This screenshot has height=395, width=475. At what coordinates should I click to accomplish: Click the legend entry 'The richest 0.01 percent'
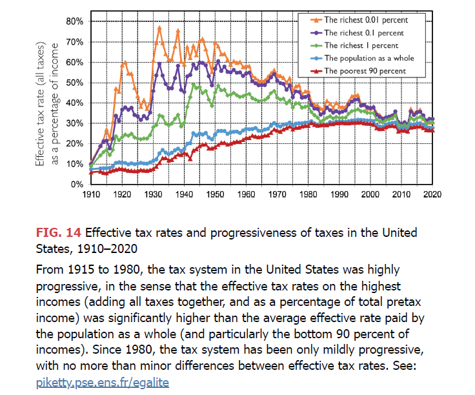pyautogui.click(x=365, y=19)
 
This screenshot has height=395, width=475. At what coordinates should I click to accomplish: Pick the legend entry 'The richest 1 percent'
pyautogui.click(x=361, y=45)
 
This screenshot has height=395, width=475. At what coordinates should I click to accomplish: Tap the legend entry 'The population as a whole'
pyautogui.click(x=369, y=58)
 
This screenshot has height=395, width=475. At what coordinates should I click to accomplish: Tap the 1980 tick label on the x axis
pyautogui.click(x=308, y=194)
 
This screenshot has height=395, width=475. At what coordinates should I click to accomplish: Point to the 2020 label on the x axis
pyautogui.click(x=433, y=194)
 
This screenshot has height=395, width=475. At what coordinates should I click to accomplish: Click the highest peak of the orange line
pyautogui.click(x=159, y=27)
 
